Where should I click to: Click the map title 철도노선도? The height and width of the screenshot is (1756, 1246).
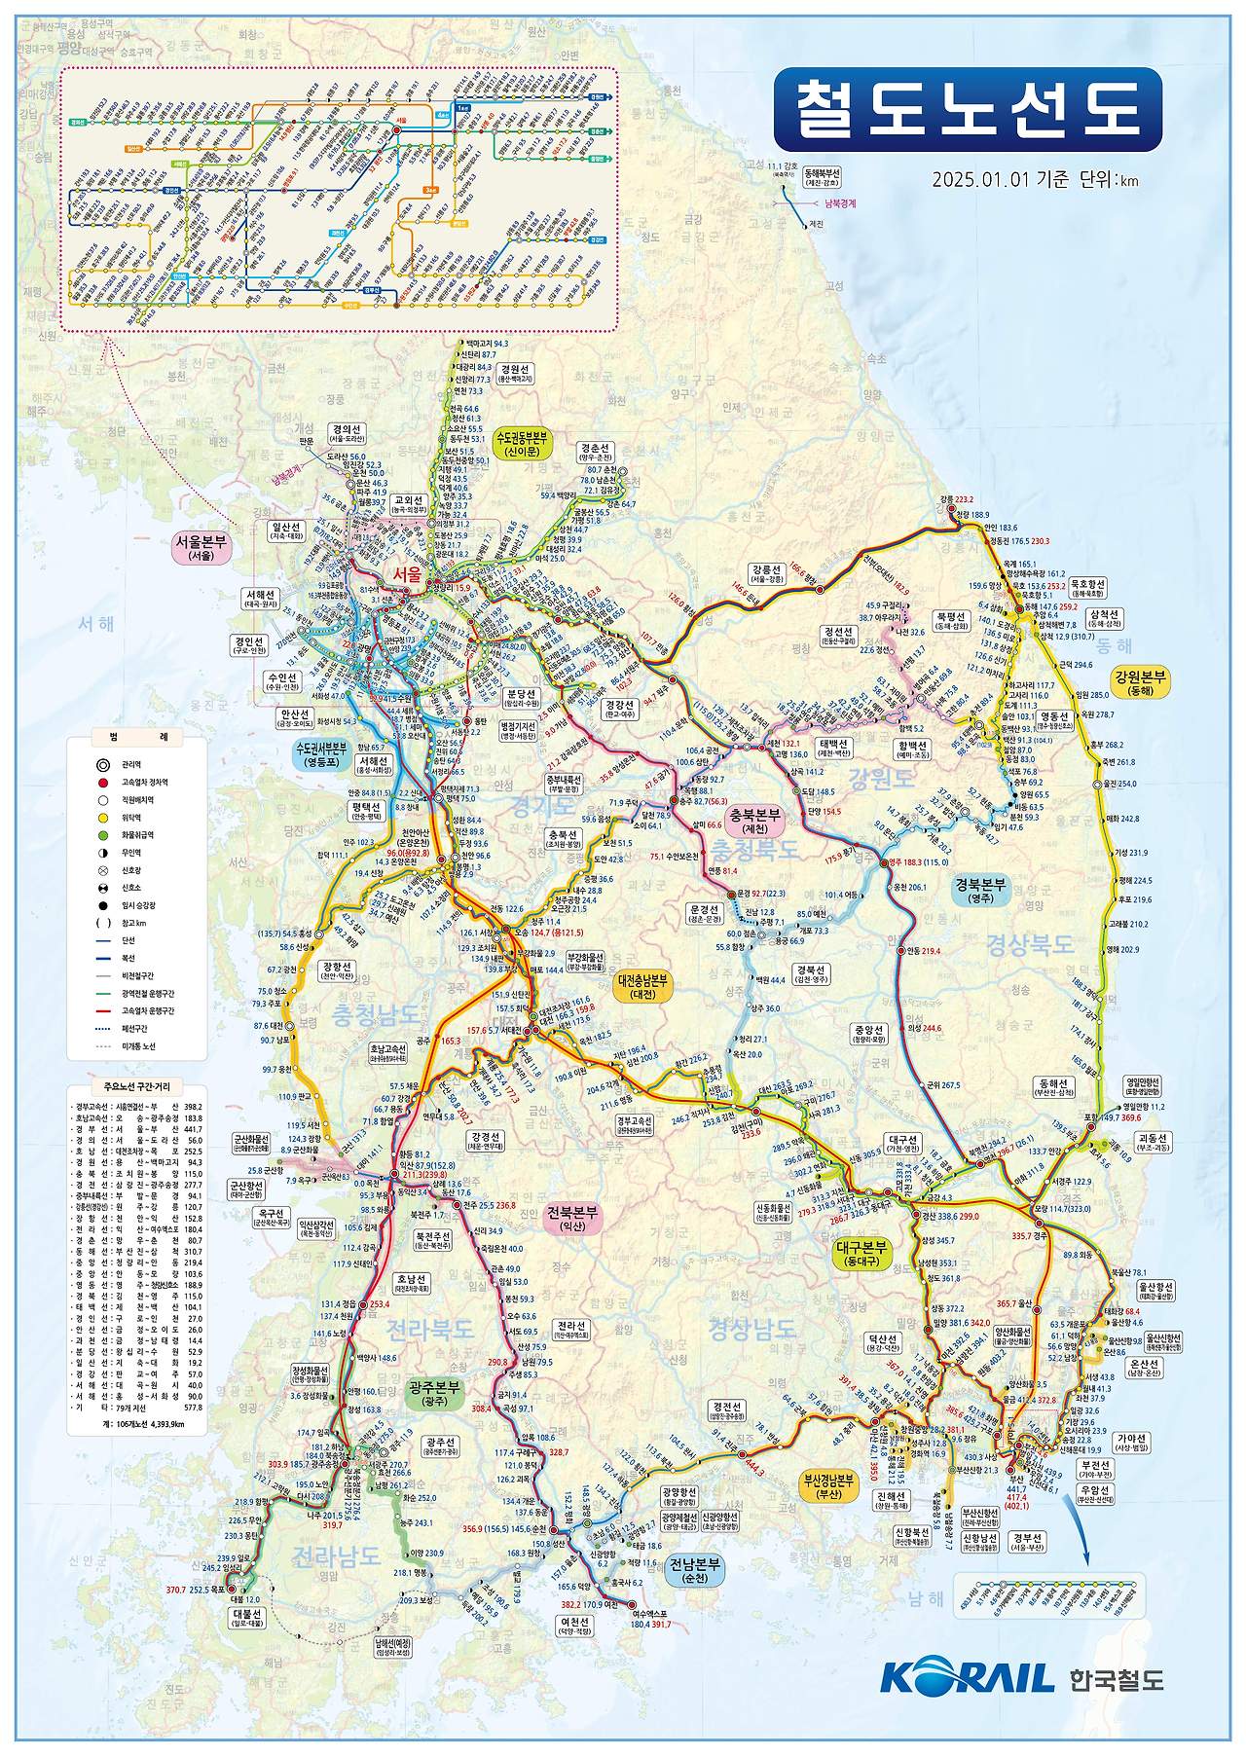[x=968, y=109]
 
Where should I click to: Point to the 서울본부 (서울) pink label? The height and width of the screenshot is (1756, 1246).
[x=201, y=548]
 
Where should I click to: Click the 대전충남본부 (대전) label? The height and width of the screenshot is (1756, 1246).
[x=642, y=987]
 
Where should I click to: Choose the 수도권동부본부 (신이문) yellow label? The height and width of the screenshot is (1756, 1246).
[x=522, y=445]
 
